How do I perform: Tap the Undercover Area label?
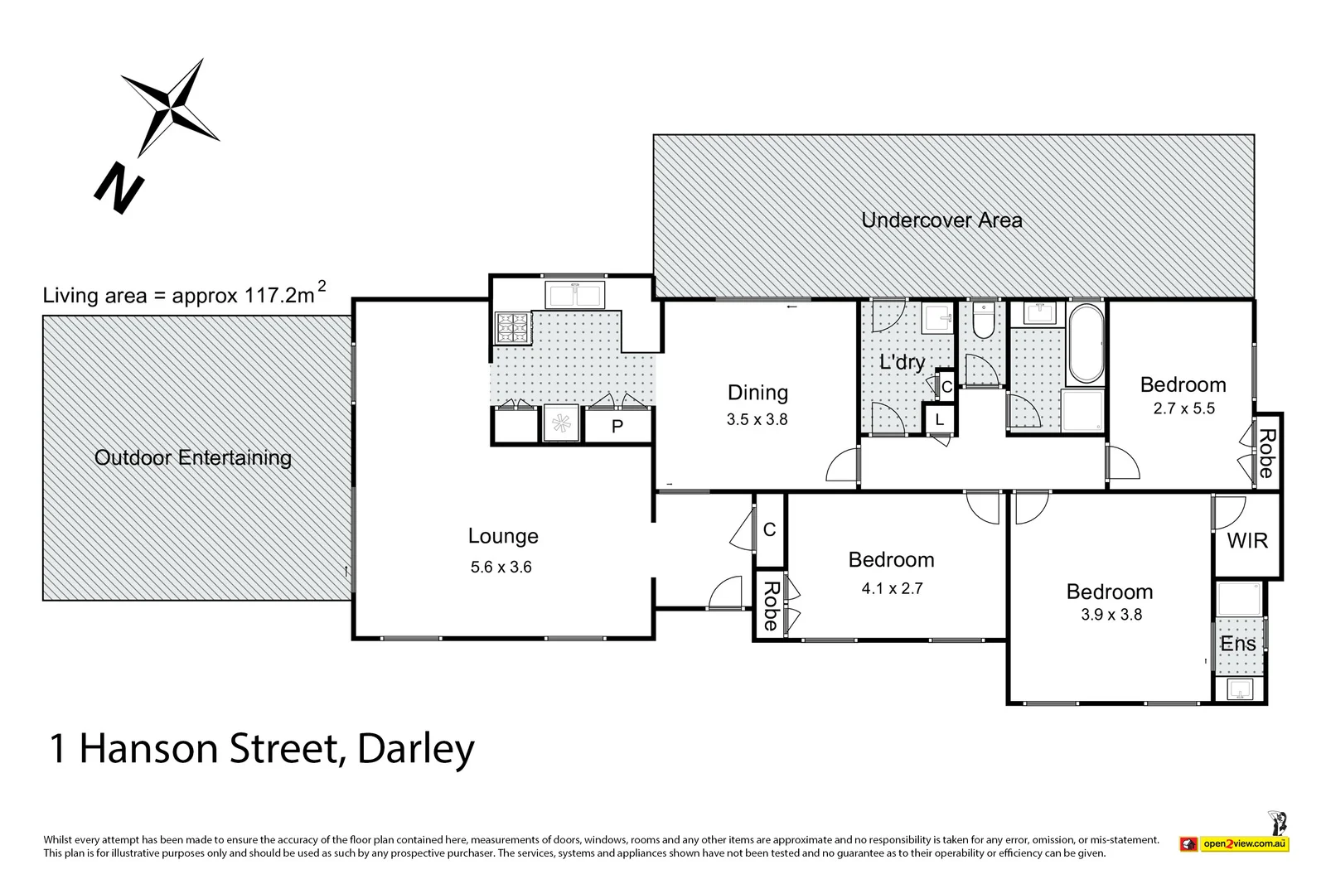coord(941,220)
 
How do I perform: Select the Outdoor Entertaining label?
coord(192,457)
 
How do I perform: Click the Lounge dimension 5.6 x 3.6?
coord(501,568)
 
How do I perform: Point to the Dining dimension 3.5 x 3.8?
coord(757,419)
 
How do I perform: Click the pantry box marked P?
coord(617,427)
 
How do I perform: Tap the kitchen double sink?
coord(575,295)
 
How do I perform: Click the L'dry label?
coord(902,362)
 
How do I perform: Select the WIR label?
coord(1247,541)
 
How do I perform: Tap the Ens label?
coord(1237,644)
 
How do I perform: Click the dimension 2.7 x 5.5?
coord(1183,408)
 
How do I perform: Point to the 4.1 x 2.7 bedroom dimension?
coord(892,589)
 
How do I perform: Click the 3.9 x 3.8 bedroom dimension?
coord(1111,615)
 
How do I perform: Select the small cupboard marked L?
coord(939,420)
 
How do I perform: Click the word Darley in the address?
coord(415,749)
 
